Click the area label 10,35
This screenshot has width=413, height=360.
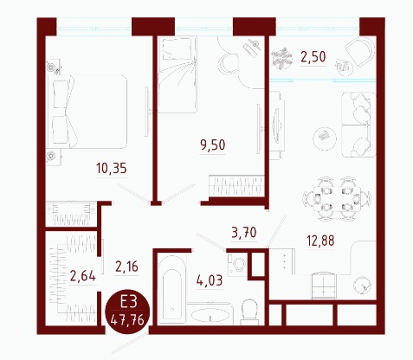[x=111, y=168]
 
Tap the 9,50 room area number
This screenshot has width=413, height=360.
[x=213, y=145]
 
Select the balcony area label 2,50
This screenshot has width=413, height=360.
[x=313, y=57]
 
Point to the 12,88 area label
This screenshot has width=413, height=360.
[x=320, y=241]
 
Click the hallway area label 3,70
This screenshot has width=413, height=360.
[x=244, y=232]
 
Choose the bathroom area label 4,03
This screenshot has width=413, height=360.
[x=210, y=280]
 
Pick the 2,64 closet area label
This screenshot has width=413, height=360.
[x=82, y=276]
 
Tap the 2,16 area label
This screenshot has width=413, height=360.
[x=126, y=267]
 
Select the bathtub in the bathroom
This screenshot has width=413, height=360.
[x=172, y=289]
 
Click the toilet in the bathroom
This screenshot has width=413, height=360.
[x=248, y=312]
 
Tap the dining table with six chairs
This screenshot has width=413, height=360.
[x=337, y=198]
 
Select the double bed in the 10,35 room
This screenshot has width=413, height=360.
[x=87, y=112]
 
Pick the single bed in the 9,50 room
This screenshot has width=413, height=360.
[x=177, y=74]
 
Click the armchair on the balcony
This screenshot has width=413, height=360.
[x=360, y=53]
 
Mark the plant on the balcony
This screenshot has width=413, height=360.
[x=281, y=59]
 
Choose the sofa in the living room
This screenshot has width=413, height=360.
[x=358, y=125]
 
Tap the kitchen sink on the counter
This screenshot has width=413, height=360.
[x=362, y=286]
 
